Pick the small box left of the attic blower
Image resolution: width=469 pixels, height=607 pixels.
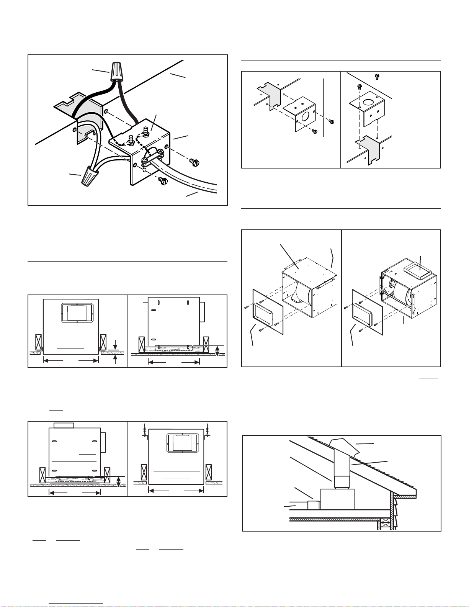pyautogui.click(x=314, y=505)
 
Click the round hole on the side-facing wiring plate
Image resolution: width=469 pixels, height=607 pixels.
pyautogui.click(x=305, y=116)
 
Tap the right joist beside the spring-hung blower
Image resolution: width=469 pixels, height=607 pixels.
pyautogui.click(x=209, y=472)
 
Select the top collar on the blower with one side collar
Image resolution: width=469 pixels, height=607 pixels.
pyautogui.click(x=64, y=425)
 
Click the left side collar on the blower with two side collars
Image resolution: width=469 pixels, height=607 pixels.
pyautogui.click(x=145, y=312)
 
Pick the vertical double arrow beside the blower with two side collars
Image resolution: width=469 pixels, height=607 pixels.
pyautogui.click(x=217, y=351)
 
